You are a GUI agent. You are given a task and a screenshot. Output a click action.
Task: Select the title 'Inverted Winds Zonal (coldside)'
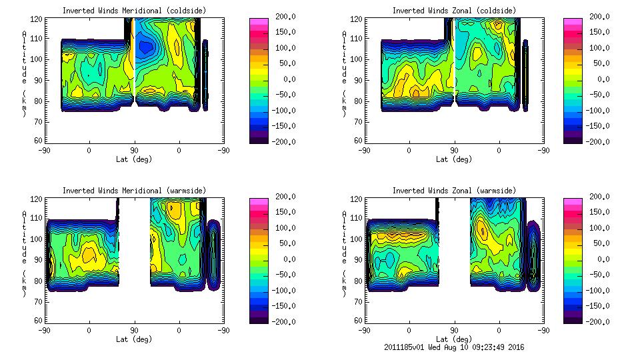(x=454, y=11)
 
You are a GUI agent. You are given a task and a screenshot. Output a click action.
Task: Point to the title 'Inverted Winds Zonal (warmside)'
(x=454, y=191)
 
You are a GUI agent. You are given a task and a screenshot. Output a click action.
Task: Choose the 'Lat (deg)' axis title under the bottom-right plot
(x=454, y=339)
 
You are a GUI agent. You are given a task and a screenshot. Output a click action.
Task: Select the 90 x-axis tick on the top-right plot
(x=454, y=150)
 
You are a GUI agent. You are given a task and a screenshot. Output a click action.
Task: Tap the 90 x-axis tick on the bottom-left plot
(x=135, y=330)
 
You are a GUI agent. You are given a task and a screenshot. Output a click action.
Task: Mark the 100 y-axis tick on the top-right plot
(x=359, y=59)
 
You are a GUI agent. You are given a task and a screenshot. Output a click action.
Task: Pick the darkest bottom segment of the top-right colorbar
(x=572, y=138)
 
